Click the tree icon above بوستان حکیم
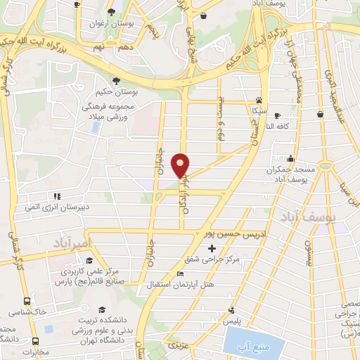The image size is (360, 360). tap(115, 79)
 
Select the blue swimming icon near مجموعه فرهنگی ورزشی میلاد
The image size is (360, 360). tap(95, 127)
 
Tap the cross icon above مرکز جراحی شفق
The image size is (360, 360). tap(212, 248)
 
